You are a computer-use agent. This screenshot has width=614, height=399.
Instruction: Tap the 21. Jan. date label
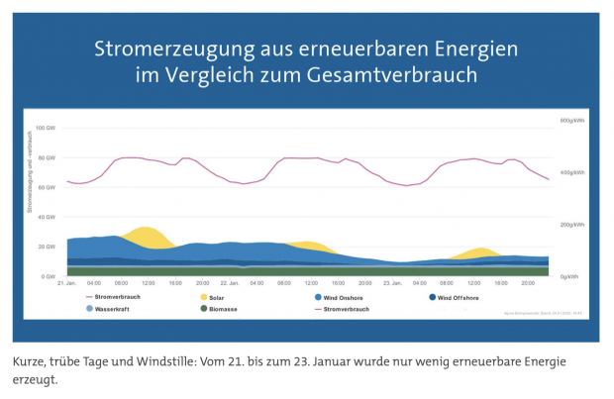pos(66,283)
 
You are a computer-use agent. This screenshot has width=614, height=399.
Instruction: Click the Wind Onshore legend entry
pos(342,296)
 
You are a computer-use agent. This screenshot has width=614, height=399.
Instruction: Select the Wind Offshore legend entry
pos(461,296)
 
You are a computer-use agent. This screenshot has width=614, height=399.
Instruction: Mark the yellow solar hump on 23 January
pos(478,251)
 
